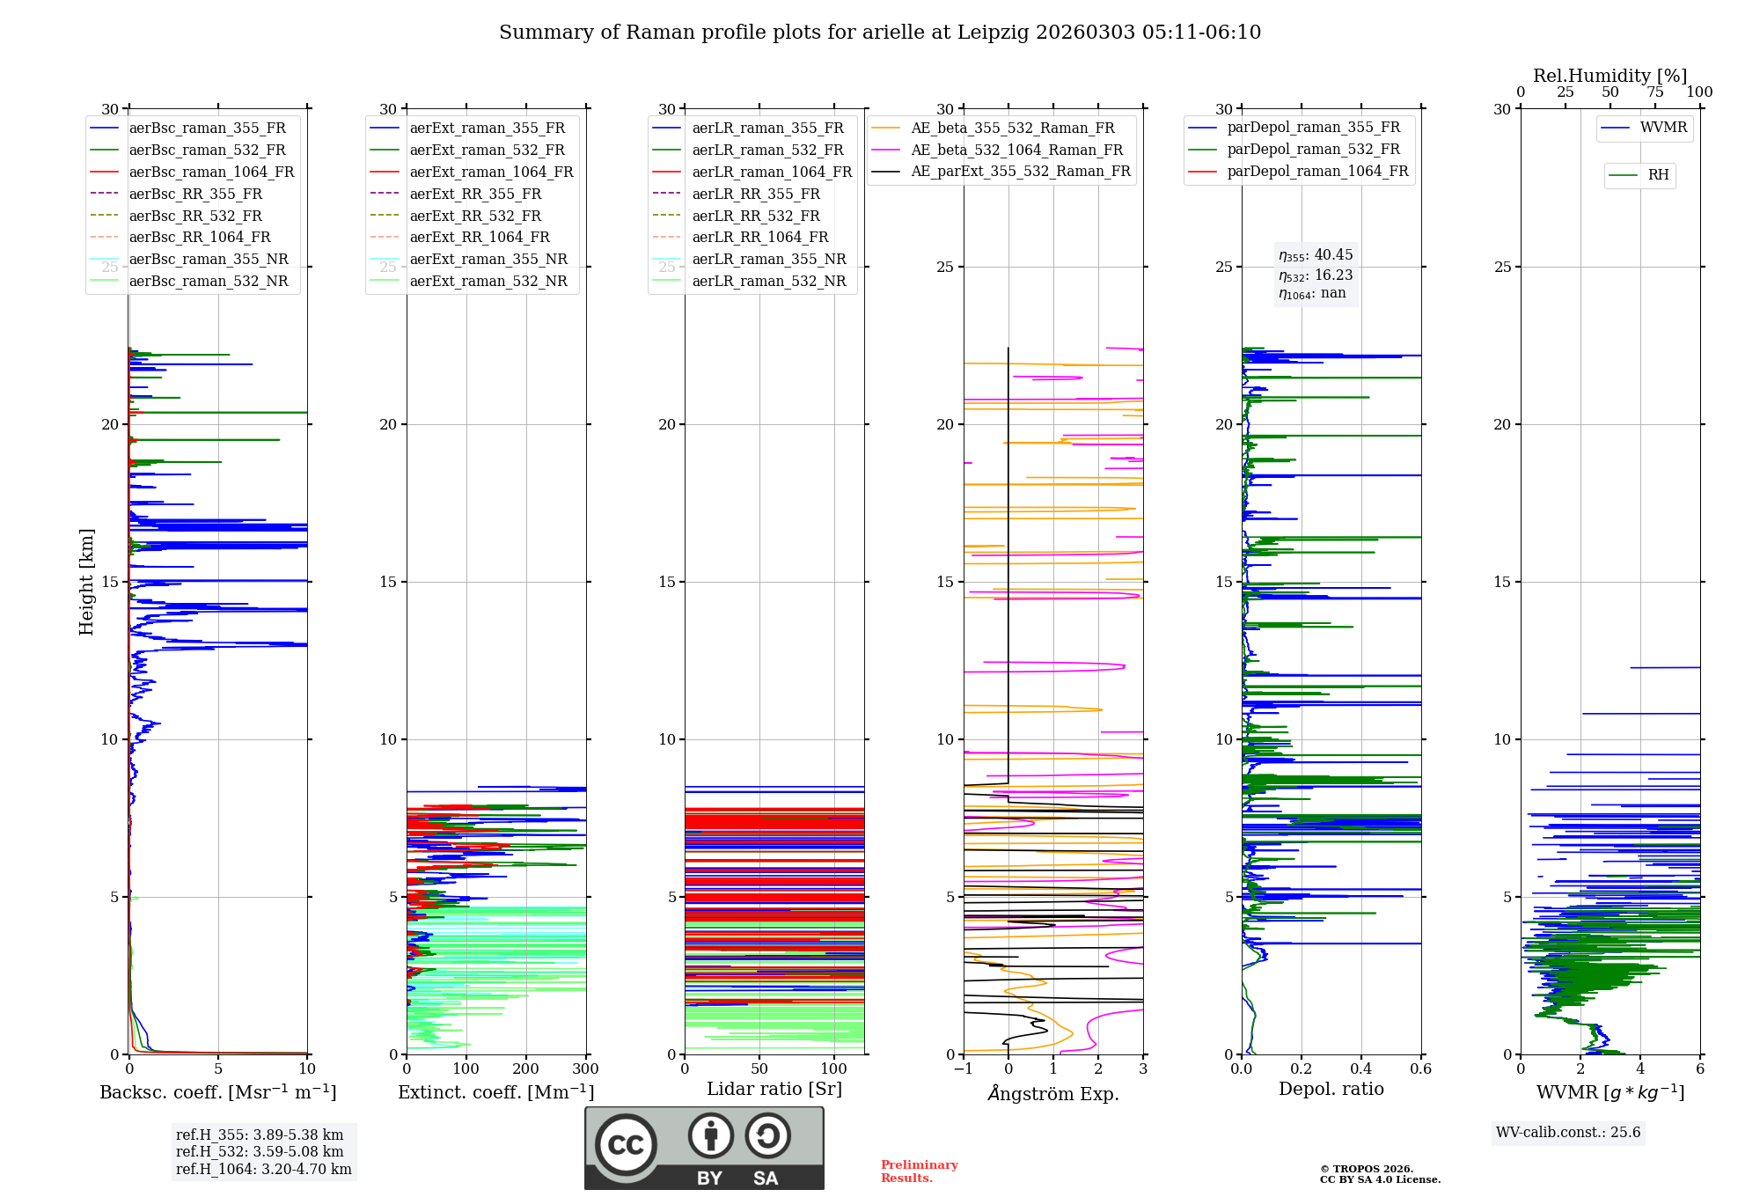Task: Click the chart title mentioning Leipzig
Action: click(880, 33)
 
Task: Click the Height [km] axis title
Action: click(86, 582)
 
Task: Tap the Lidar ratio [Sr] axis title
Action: click(774, 1090)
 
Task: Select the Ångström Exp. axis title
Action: click(1053, 1094)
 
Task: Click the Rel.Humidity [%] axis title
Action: click(1610, 76)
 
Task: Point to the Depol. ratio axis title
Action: click(1331, 1090)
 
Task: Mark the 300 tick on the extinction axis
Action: click(585, 1069)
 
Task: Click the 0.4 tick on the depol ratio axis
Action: click(1361, 1069)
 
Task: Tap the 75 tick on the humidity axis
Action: click(1654, 92)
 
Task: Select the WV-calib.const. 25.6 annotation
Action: click(1568, 1133)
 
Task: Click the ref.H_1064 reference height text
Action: click(263, 1170)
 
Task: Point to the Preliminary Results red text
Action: click(919, 1171)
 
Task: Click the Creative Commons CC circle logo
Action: click(626, 1145)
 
